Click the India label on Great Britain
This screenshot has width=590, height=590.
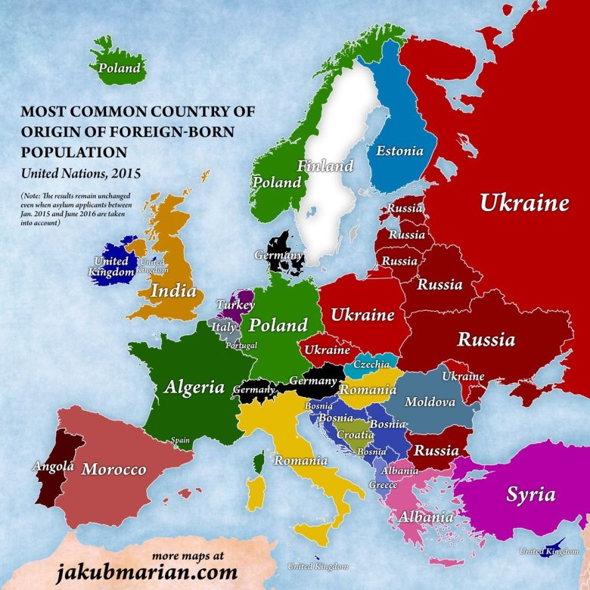coord(173,290)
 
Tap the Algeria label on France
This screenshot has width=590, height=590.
coord(194,387)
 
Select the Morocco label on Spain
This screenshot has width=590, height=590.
coord(113,469)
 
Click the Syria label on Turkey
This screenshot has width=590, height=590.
coord(530,495)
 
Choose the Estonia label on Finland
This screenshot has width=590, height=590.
coord(399,151)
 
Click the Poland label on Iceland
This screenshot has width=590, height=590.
coord(120,68)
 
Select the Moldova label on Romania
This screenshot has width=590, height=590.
coord(430,402)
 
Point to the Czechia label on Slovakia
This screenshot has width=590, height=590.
coord(371,365)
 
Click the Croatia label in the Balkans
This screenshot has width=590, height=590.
coord(355,435)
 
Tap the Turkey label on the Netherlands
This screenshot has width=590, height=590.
coord(235,304)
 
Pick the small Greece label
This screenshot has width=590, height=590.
coord(383,484)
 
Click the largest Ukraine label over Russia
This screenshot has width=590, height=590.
coord(523,203)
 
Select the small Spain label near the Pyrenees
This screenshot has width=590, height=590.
coord(180,439)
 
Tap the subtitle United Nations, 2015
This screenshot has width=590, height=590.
coord(80,172)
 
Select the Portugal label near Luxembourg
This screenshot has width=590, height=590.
coord(241,345)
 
